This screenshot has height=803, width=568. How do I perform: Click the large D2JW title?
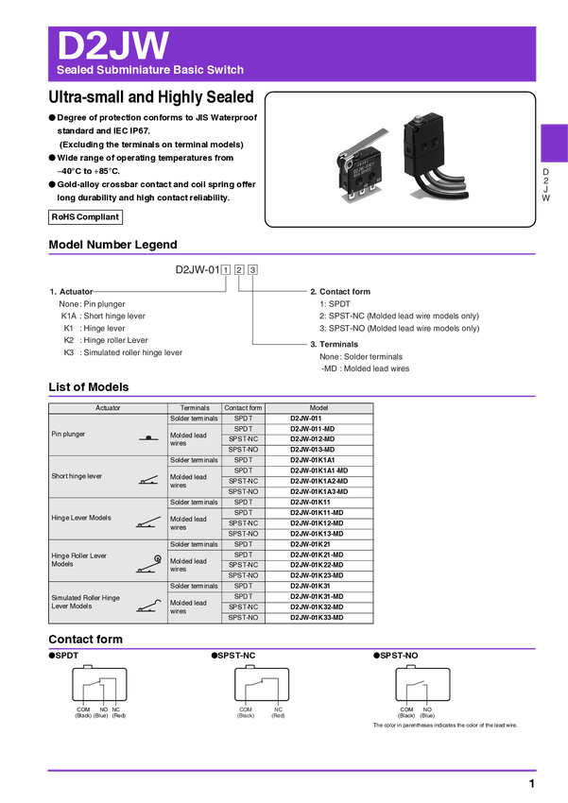click(113, 44)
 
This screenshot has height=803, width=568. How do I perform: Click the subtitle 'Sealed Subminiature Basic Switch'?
click(150, 70)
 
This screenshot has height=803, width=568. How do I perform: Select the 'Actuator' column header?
click(108, 408)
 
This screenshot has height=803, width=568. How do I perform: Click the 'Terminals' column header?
click(195, 408)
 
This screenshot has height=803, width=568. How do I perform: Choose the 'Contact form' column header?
click(244, 408)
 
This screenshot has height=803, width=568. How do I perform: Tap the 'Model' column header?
click(318, 408)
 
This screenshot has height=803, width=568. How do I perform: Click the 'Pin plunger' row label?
click(69, 435)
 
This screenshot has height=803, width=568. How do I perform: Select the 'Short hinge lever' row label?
click(77, 476)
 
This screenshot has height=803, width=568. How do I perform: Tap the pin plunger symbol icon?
click(148, 437)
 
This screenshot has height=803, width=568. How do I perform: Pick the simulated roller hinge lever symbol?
click(147, 606)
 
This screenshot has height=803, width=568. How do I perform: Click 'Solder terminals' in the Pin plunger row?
click(194, 418)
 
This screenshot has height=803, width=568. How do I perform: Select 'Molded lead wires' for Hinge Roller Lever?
click(188, 565)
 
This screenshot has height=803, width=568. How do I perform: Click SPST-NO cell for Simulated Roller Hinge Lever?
click(244, 617)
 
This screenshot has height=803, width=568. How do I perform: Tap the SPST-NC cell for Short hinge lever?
click(244, 481)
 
